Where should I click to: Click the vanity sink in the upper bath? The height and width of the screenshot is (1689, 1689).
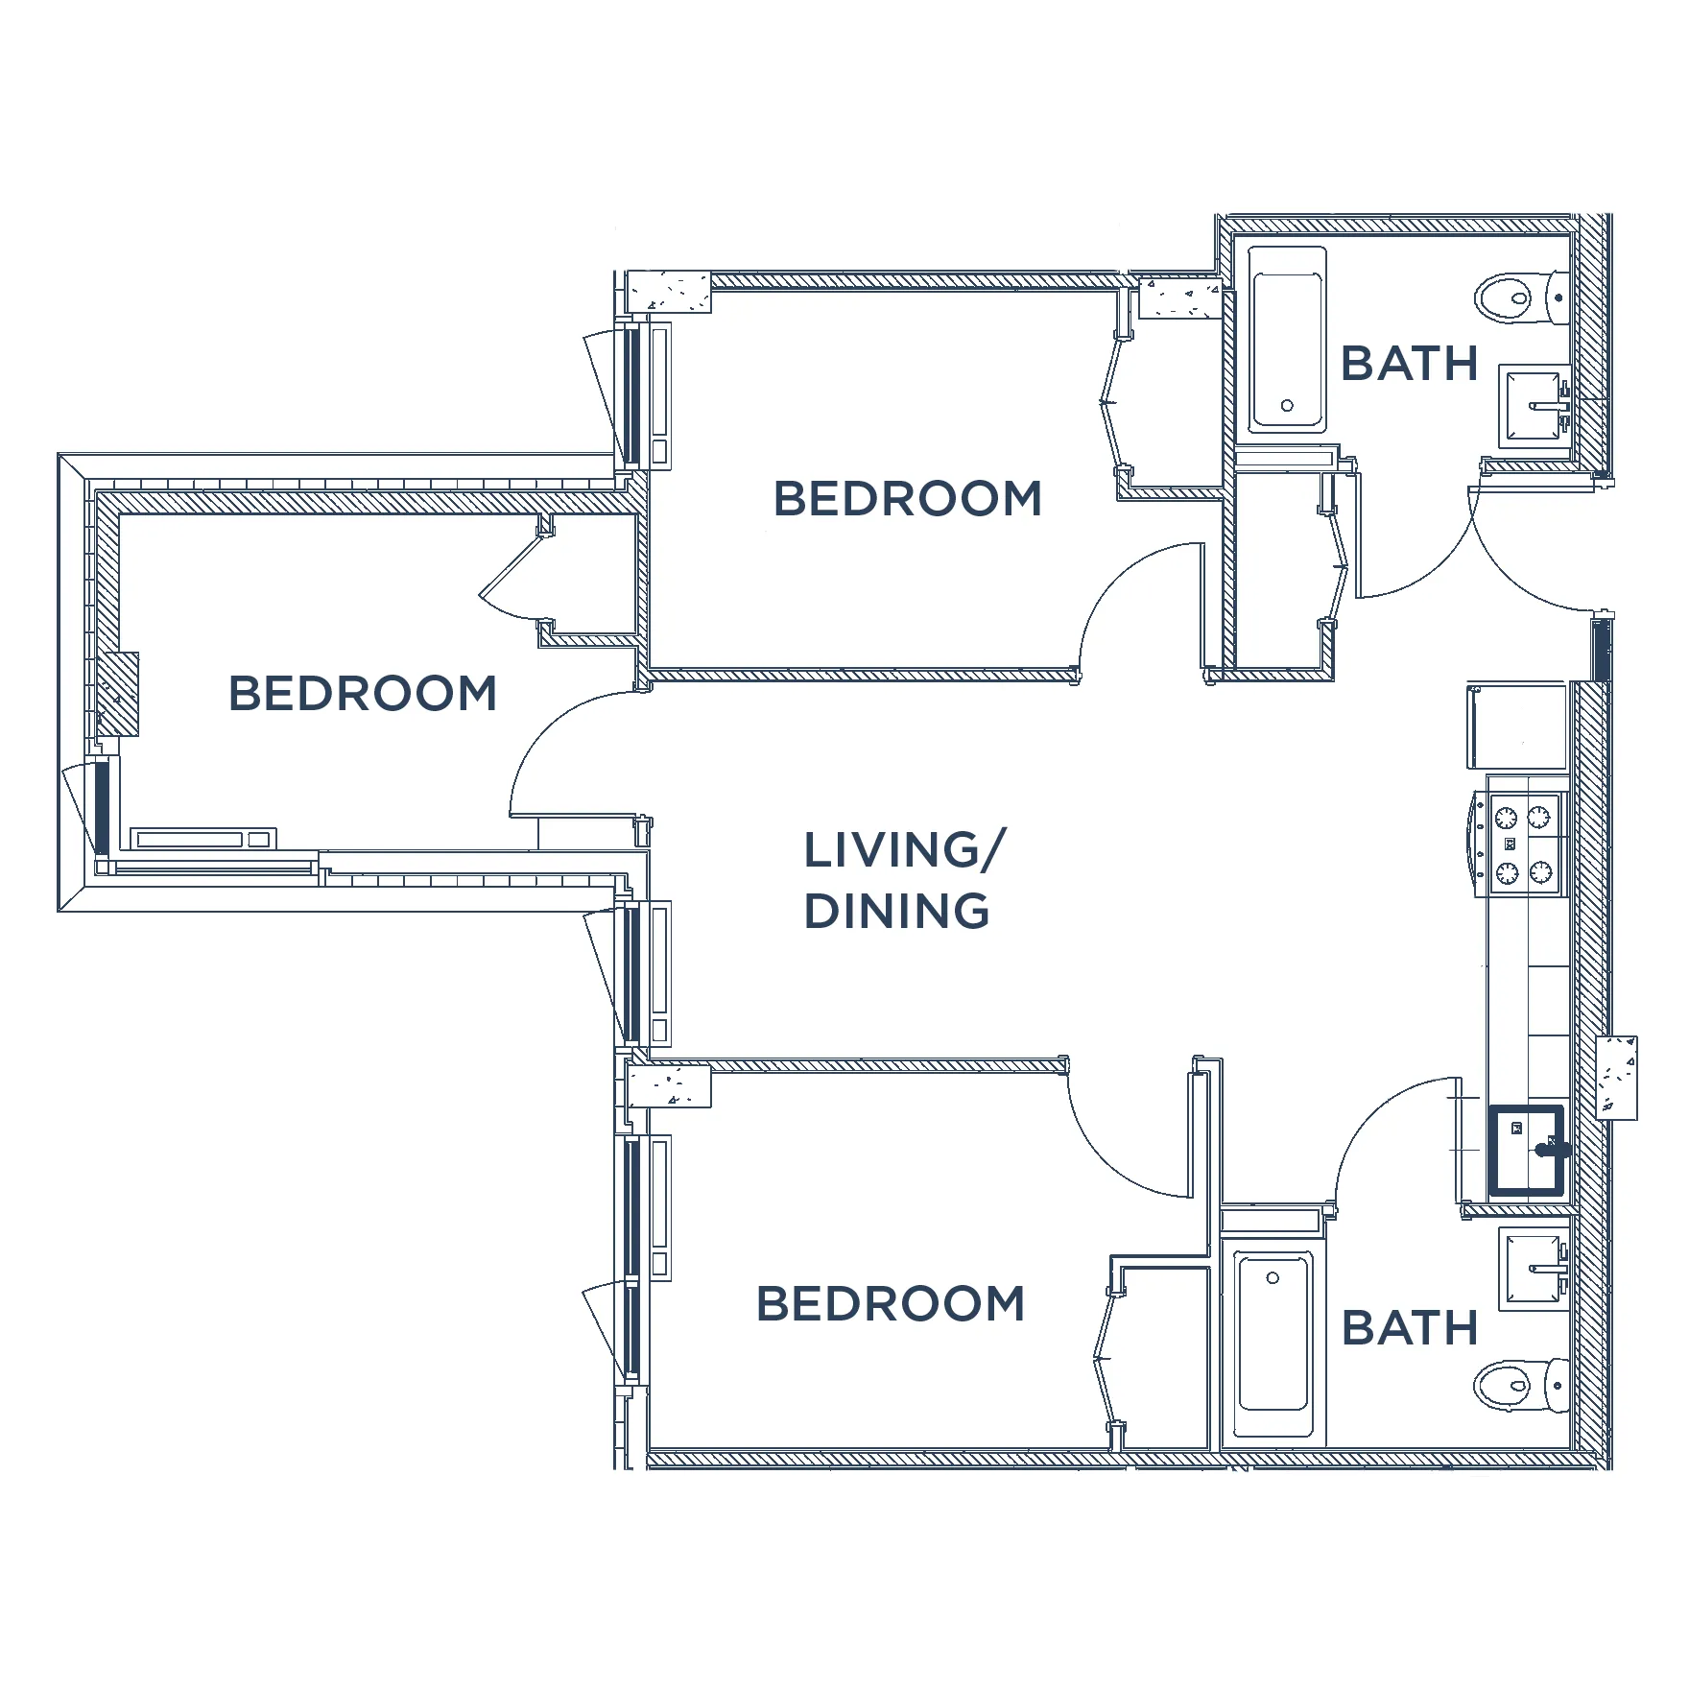click(1534, 408)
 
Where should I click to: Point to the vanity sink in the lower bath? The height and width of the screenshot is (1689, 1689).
click(1534, 1270)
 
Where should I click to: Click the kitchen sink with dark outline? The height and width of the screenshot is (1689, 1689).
click(1526, 1153)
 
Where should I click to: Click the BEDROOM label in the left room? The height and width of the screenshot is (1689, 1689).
click(363, 694)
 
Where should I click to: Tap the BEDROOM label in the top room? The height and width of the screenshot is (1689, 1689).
click(907, 499)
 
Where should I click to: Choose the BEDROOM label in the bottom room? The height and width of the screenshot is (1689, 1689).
click(891, 1303)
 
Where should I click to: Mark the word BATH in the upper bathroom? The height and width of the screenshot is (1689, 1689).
click(1409, 364)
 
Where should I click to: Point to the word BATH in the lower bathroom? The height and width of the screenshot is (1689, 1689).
click(1409, 1328)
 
